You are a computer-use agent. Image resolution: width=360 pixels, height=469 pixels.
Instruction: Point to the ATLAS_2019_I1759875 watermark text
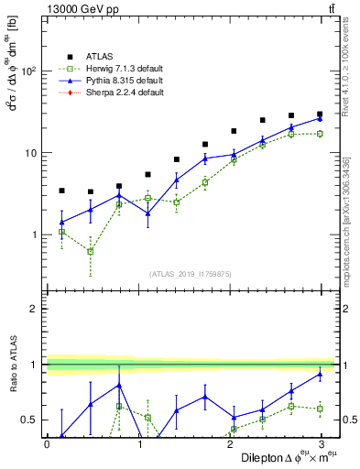[190, 273]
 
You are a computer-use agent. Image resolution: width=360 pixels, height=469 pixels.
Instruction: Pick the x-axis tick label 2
[229, 444]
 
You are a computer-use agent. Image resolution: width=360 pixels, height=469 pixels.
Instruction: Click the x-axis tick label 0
[47, 444]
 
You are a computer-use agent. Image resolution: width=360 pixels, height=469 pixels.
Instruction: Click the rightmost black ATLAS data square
[321, 115]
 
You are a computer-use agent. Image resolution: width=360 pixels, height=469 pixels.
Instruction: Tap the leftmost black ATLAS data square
[61, 191]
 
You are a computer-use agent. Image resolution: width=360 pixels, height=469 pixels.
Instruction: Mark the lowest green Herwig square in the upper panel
[91, 251]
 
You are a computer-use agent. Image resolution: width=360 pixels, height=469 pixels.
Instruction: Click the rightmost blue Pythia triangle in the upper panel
[321, 118]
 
